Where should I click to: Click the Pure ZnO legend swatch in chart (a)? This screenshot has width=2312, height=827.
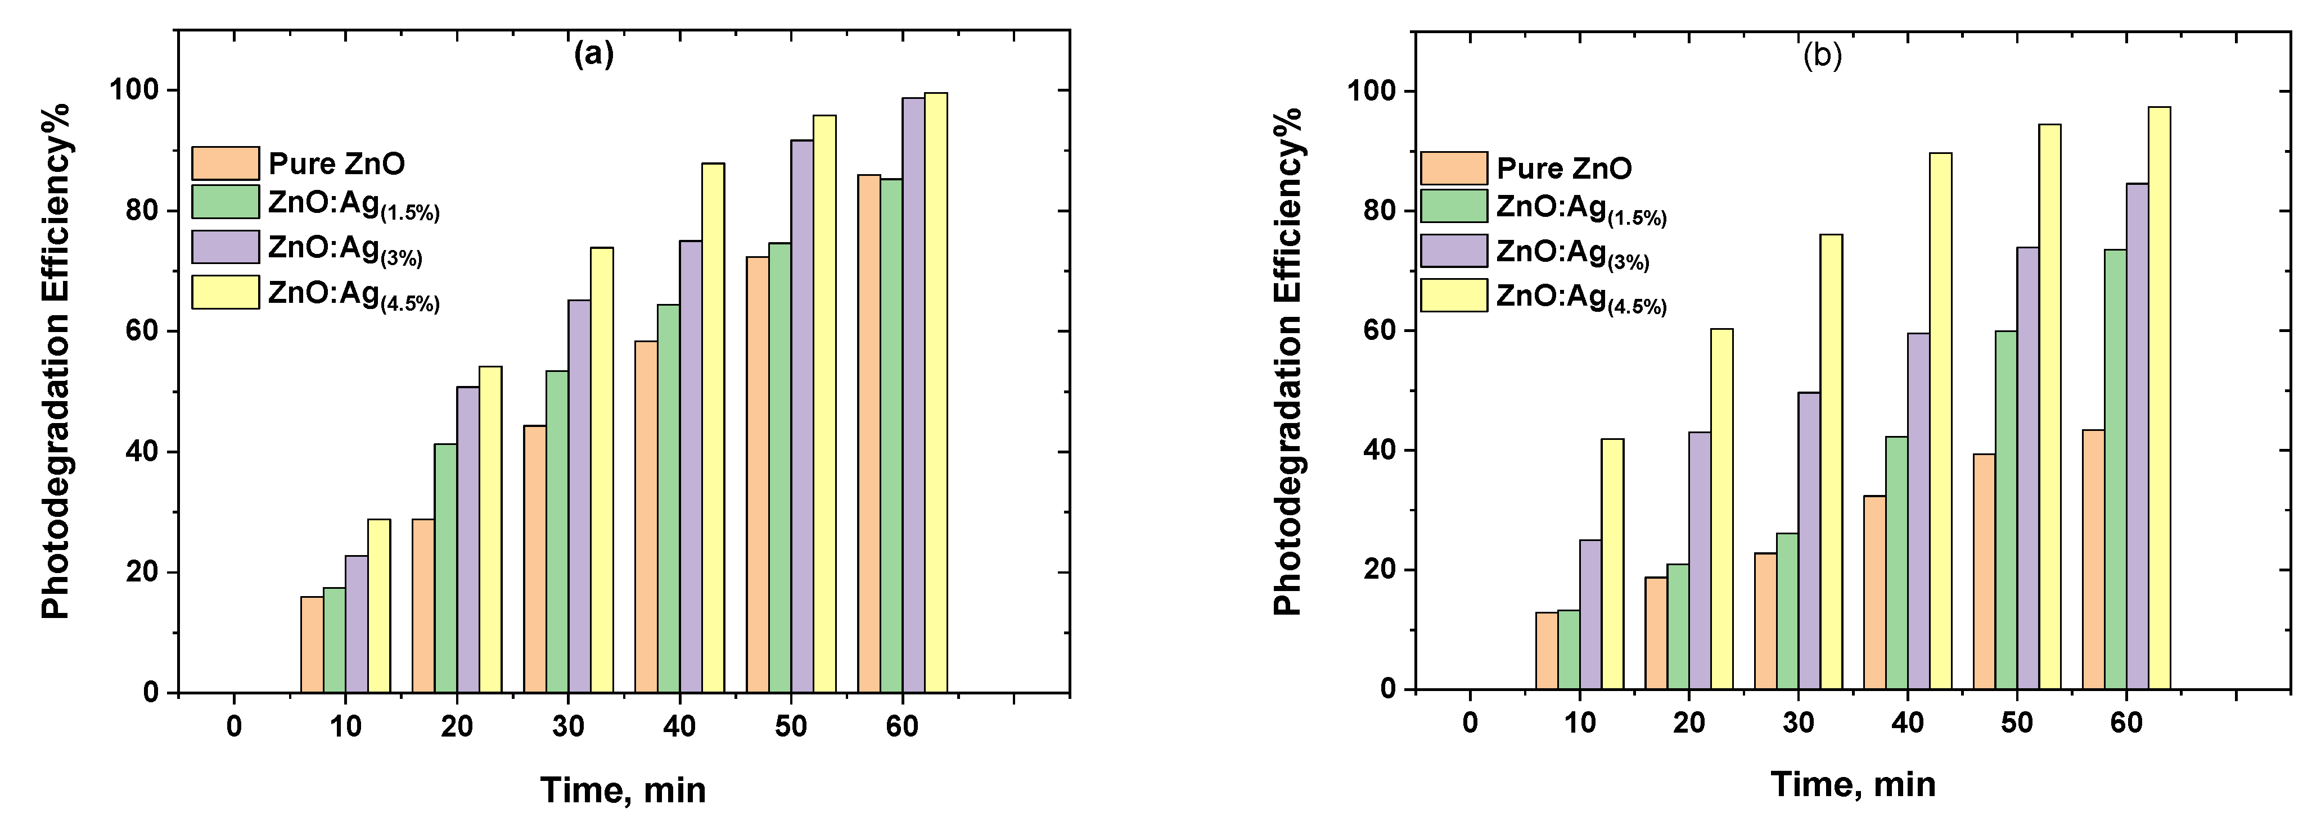pos(226,163)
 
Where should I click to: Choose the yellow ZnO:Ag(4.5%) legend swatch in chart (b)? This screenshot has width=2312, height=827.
pos(1453,295)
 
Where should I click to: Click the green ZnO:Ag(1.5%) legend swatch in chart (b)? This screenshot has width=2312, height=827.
pos(1453,206)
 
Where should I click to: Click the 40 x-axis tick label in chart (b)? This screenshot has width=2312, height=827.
pos(1907,722)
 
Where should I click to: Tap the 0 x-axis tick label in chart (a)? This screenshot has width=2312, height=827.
pos(235,726)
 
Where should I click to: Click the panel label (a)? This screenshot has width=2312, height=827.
pos(594,54)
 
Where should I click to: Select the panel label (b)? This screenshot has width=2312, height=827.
pos(1823,56)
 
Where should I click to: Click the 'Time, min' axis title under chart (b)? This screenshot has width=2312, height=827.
pos(1853,784)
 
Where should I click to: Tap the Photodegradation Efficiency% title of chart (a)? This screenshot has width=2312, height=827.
pos(56,361)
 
